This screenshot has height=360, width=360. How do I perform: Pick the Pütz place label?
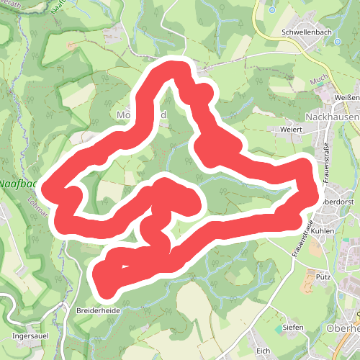pos(323,276)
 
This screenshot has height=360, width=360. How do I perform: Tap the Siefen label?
pos(293,328)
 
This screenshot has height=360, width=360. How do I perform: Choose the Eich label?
pos(264,351)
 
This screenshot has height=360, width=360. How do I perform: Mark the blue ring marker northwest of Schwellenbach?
pos(272,11)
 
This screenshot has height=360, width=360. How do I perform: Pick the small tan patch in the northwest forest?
pos(71,45)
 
